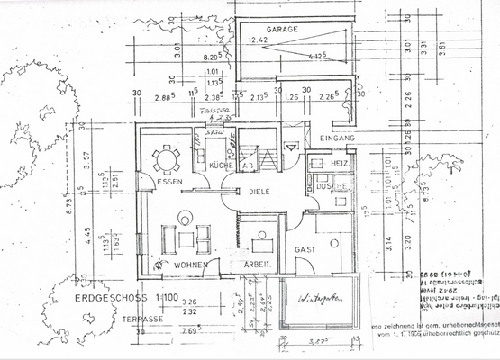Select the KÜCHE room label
coord(222,166)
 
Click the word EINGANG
coord(338,138)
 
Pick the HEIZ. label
coord(341,163)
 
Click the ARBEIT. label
coord(259,265)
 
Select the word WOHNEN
coord(193,265)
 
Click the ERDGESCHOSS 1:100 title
coord(114,295)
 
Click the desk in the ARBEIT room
coord(264,245)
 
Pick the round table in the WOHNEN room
coord(185,216)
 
